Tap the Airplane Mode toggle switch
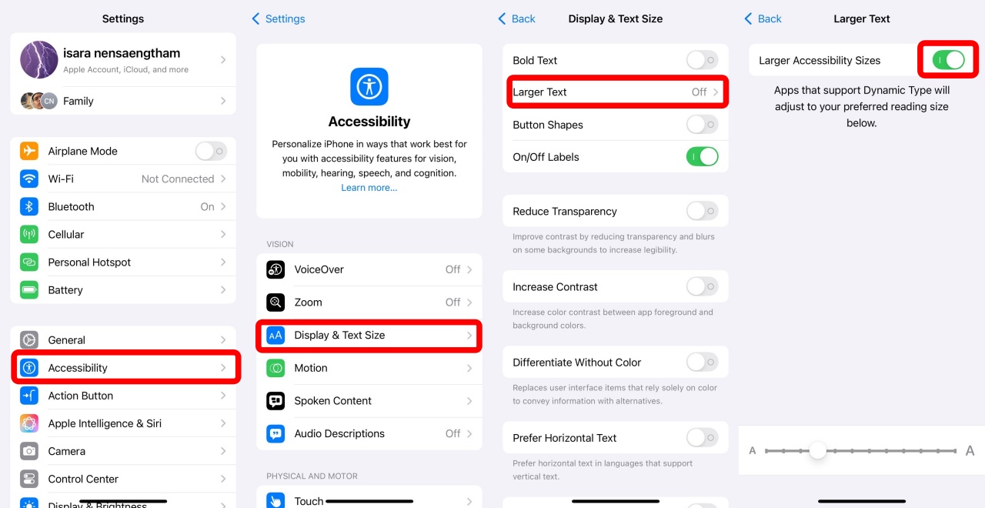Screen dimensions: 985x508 pyautogui.click(x=211, y=152)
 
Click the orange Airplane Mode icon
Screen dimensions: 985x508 pyautogui.click(x=29, y=151)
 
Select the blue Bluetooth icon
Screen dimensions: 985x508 pyautogui.click(x=29, y=206)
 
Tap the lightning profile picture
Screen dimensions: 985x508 pyautogui.click(x=39, y=59)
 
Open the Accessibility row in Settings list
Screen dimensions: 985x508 pyautogui.click(x=125, y=367)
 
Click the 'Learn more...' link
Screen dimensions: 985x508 pyautogui.click(x=369, y=187)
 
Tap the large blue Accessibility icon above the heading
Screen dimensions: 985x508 pyautogui.click(x=369, y=87)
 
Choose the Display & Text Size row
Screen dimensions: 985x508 pyautogui.click(x=369, y=335)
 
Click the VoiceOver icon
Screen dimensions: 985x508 pyautogui.click(x=275, y=269)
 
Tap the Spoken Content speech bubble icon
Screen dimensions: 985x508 pyautogui.click(x=275, y=401)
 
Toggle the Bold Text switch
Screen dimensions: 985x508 pyautogui.click(x=703, y=60)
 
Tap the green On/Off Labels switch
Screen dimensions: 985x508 pyautogui.click(x=703, y=156)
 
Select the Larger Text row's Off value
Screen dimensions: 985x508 pyautogui.click(x=699, y=92)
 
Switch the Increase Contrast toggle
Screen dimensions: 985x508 pyautogui.click(x=703, y=287)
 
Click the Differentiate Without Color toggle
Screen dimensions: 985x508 pyautogui.click(x=703, y=363)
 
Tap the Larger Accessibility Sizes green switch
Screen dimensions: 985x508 pyautogui.click(x=949, y=60)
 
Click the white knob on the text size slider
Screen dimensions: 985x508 pyautogui.click(x=817, y=450)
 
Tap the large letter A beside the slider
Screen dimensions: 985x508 pyautogui.click(x=970, y=451)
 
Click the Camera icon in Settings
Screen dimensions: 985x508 pyautogui.click(x=29, y=451)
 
